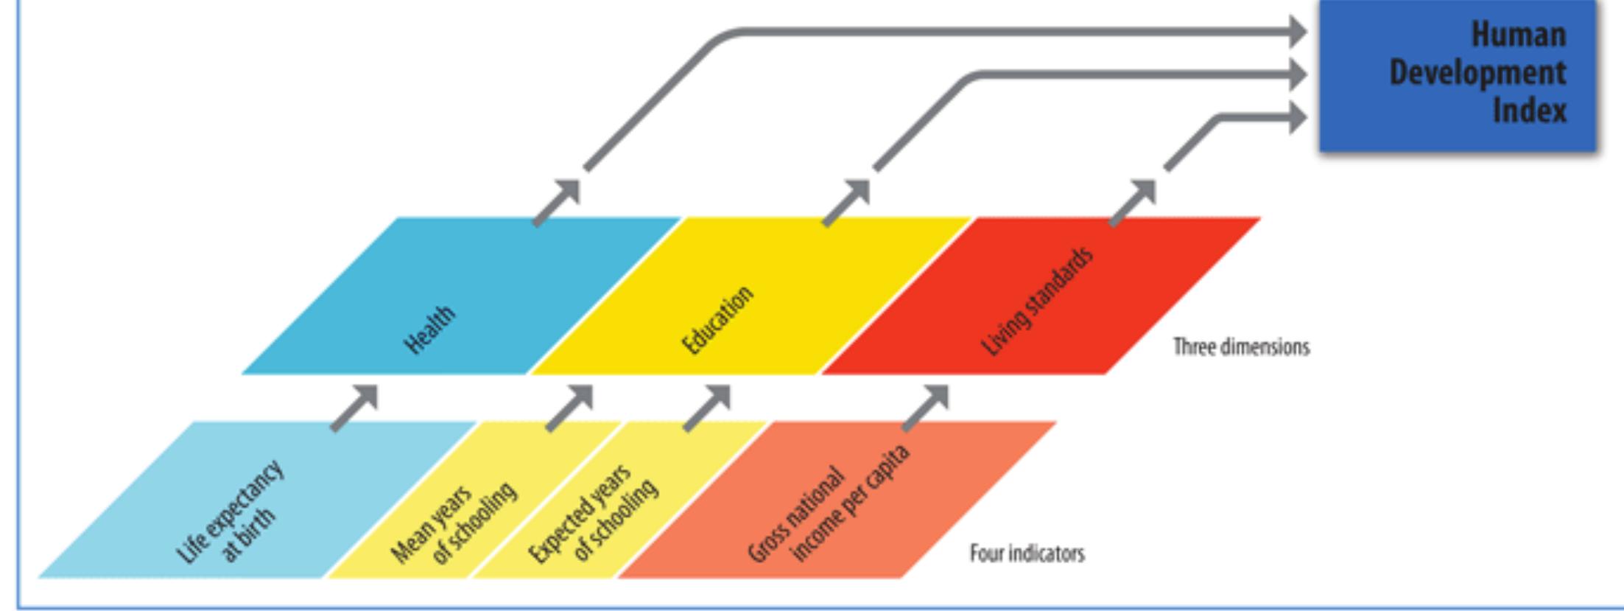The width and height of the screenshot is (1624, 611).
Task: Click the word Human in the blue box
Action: pos(1518,35)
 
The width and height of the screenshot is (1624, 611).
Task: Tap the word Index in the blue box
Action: pos(1529,111)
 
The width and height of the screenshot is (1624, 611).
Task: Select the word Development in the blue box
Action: pos(1477,73)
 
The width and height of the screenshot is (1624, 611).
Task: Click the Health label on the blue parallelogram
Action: pos(429,329)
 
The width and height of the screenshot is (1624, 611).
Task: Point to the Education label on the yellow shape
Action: pos(717,320)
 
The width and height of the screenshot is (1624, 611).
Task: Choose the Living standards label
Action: pos(1037,302)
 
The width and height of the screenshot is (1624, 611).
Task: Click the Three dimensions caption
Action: pos(1241,346)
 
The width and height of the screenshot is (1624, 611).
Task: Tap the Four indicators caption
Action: pos(1027,553)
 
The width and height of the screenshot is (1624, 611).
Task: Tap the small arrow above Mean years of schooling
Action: pos(570,408)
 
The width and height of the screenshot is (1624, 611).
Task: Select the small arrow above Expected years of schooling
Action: pos(708,408)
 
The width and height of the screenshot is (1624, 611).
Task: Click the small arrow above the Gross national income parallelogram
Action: pos(927,408)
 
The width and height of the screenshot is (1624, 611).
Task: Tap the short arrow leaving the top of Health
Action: pos(557,202)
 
